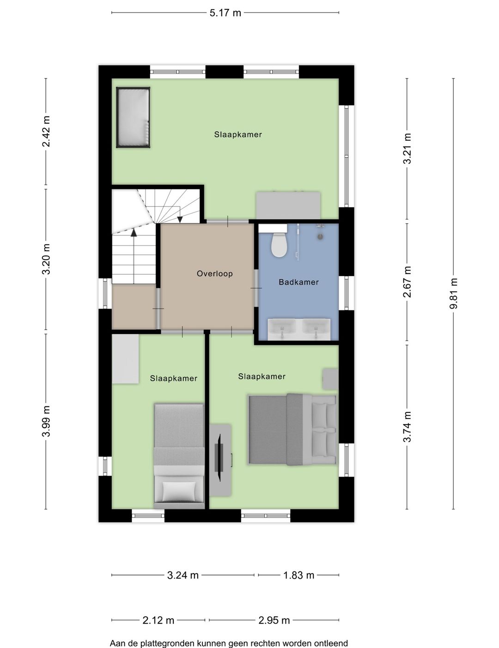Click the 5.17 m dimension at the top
click(225, 13)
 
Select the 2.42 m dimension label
click(46, 132)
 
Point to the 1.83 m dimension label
click(298, 575)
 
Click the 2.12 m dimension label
click(158, 620)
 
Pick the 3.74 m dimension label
click(407, 427)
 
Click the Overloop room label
click(214, 273)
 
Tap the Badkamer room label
click(298, 282)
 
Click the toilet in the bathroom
click(279, 245)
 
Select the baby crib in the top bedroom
click(133, 118)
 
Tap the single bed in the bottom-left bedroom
click(179, 455)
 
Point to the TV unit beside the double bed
click(220, 460)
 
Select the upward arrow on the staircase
click(134, 233)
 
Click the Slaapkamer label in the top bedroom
click(237, 135)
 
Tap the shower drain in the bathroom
click(320, 236)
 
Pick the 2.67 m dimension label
click(407, 282)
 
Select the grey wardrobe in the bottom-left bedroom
click(125, 359)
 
